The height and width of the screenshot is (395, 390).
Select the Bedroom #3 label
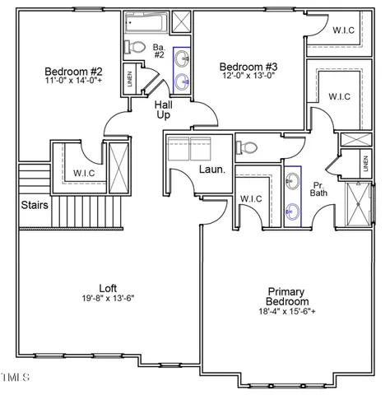coord(248,66)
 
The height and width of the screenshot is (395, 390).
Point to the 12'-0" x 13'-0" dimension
coord(248,77)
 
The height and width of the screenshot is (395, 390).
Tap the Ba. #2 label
coord(160,52)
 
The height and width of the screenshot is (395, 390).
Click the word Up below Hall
coord(164,117)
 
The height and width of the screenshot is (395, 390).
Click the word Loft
coord(108,287)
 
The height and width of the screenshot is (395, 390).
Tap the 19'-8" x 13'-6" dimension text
coord(108,298)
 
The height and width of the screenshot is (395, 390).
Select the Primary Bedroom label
coord(286,297)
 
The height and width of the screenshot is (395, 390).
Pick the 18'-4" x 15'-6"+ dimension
coord(286,313)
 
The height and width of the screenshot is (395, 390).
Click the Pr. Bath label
coord(318,188)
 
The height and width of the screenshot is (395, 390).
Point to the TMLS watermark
coord(15,378)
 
